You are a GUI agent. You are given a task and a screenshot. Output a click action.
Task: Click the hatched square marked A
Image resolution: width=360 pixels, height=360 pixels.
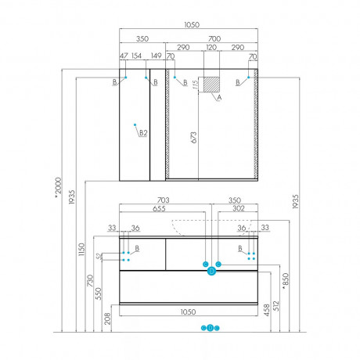click(211, 85)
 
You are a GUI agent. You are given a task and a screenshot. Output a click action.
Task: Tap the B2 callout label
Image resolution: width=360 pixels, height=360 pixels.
click(143, 133)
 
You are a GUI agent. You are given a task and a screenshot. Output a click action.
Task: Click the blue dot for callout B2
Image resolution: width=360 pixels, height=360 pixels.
click(135, 124)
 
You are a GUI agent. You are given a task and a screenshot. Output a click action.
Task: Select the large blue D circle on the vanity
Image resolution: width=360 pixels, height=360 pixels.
click(211, 272)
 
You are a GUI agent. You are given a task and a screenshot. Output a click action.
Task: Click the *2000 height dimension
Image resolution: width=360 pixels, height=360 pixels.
click(58, 187)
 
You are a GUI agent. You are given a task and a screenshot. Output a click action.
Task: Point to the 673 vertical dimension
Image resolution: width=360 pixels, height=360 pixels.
click(194, 138)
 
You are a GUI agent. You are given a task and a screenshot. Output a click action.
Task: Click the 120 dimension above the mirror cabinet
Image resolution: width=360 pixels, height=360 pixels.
click(211, 48)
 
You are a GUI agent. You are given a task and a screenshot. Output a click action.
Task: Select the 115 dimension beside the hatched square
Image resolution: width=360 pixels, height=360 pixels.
click(196, 85)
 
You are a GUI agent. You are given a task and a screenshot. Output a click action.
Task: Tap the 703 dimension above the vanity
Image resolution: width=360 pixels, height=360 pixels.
click(163, 200)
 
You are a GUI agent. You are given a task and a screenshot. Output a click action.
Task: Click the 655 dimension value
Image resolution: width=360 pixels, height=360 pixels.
click(159, 209)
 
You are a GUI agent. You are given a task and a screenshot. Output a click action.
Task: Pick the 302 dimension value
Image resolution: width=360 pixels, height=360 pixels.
click(239, 208)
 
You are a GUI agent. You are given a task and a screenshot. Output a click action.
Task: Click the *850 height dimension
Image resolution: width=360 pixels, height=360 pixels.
click(286, 281)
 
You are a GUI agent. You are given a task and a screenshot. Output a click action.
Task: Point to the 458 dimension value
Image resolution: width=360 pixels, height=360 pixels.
click(267, 310)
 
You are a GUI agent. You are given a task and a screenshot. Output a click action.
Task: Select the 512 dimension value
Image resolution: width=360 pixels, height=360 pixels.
click(276, 306)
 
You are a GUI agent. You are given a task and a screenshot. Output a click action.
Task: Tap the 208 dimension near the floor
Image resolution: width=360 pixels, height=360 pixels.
click(107, 319)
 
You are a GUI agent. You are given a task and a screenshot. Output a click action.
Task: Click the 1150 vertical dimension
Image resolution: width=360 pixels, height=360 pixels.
click(81, 250)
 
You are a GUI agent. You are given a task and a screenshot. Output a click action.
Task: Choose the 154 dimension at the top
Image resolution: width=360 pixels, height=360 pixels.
click(136, 56)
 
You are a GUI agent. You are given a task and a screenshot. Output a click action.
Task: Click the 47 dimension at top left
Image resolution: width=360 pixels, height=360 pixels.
click(124, 56)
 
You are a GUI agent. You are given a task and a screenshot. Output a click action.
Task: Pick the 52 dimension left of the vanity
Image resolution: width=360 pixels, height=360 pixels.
click(99, 256)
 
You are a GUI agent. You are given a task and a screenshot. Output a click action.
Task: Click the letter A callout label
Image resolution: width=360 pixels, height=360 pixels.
click(219, 98)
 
